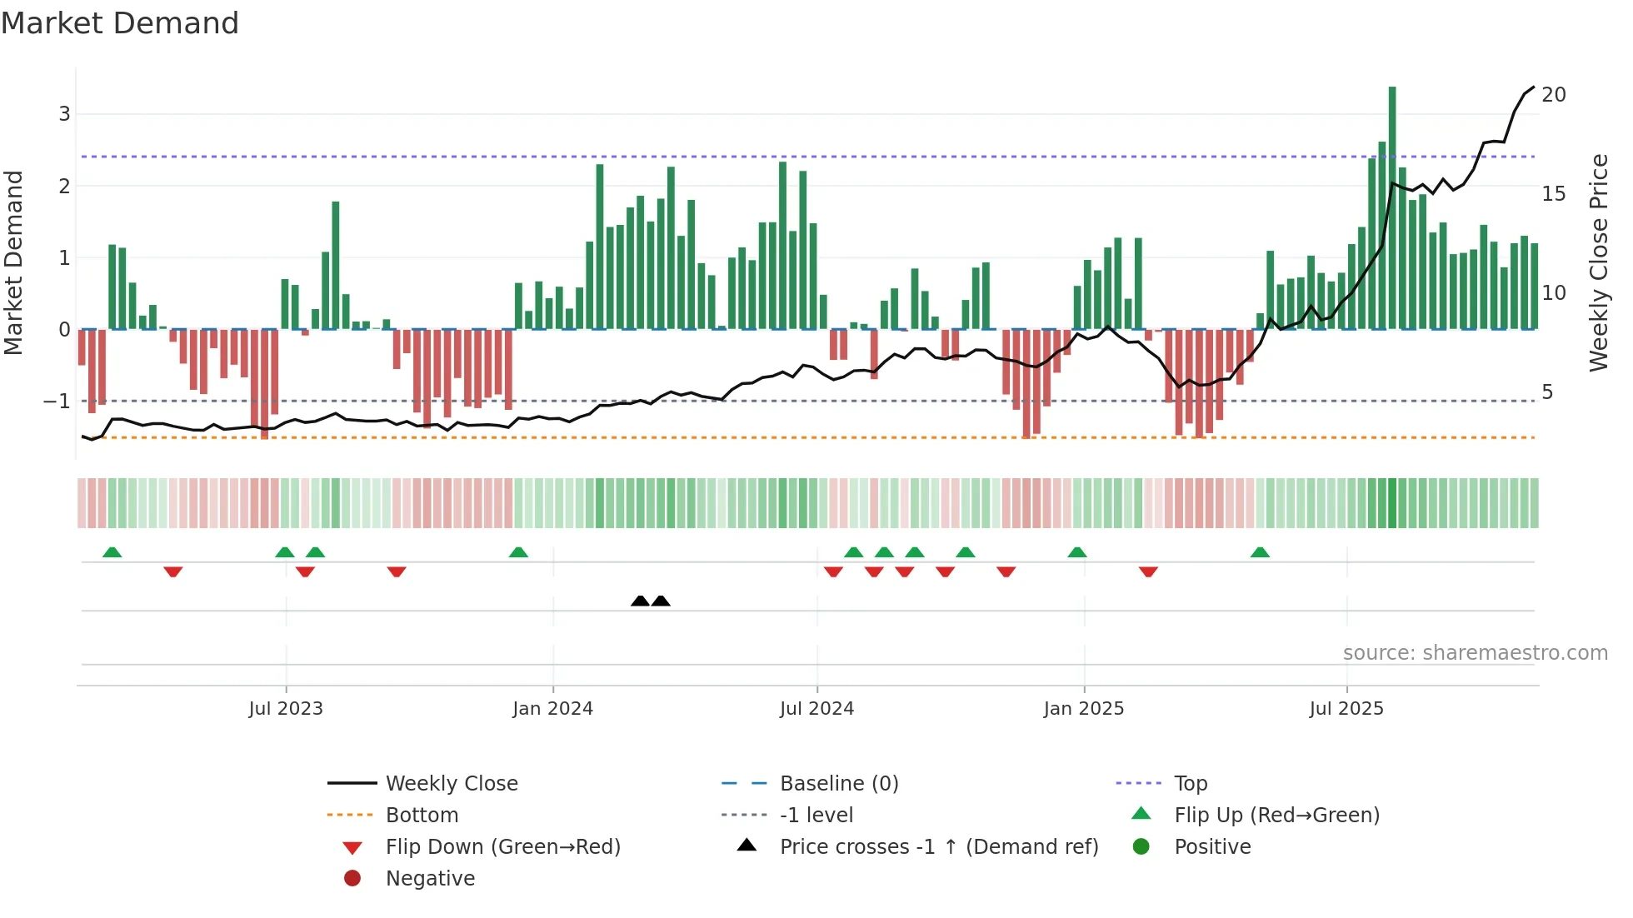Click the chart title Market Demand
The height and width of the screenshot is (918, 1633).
tap(120, 22)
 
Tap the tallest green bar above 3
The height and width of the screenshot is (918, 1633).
tap(1392, 208)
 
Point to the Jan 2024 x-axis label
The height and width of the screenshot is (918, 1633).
tap(552, 709)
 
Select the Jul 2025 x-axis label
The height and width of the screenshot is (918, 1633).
tap(1346, 709)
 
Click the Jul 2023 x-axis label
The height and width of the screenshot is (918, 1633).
tap(286, 709)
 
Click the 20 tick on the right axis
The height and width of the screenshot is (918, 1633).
tap(1553, 95)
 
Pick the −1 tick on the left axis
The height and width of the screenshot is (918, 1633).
tap(57, 402)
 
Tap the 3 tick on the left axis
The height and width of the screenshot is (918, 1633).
tap(64, 114)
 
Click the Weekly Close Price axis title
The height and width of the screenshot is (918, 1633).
tap(1598, 262)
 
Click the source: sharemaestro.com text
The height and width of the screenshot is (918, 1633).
tap(1475, 653)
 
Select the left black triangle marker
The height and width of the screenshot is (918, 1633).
tap(640, 601)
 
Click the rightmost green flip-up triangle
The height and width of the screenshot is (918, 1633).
tap(1260, 552)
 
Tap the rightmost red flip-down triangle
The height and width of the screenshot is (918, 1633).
tap(1148, 571)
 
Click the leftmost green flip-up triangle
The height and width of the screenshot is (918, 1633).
tap(112, 552)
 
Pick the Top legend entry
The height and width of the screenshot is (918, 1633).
tap(1190, 784)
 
